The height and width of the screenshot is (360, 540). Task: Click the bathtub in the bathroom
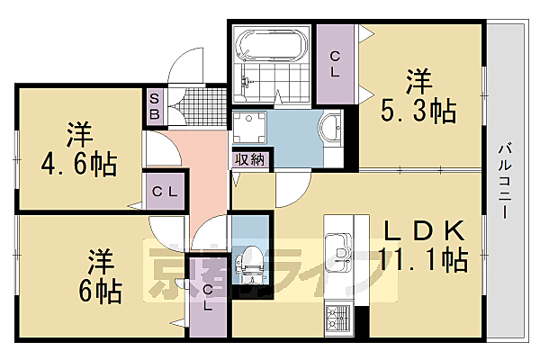coord(271,44)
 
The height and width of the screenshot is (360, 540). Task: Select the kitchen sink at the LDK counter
coord(340,247)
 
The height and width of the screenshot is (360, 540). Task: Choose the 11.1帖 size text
coord(422,261)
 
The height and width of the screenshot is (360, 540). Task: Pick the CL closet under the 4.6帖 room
coord(165,191)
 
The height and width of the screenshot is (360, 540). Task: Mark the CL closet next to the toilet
coord(208,298)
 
